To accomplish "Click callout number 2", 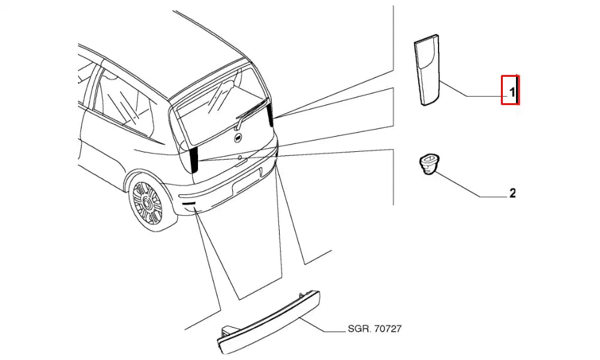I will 512,193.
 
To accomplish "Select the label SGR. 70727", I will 374,329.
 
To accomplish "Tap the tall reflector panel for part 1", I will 428,71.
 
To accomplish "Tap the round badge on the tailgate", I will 238,139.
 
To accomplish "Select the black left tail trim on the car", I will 194,159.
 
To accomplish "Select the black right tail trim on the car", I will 271,113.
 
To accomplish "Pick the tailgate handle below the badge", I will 240,159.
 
